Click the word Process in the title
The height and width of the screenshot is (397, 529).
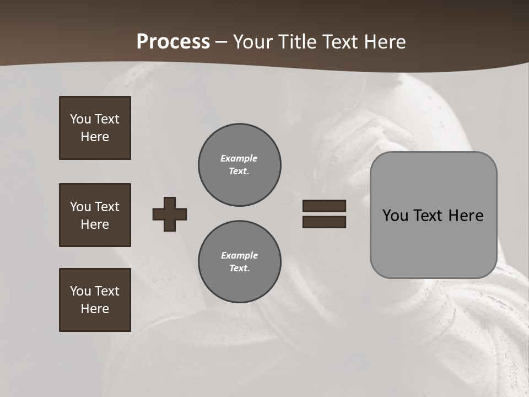coord(173,42)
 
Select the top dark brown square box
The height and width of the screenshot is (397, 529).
coord(95,128)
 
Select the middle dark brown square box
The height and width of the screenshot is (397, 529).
coord(95,215)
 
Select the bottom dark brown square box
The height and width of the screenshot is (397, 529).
coord(95,300)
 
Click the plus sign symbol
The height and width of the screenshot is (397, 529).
coord(170,214)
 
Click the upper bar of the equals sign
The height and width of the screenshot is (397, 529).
coord(324,206)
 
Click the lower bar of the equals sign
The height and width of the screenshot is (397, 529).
coord(324,222)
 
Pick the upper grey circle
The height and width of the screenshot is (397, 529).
coord(239,165)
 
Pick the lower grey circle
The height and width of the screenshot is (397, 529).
coord(239,262)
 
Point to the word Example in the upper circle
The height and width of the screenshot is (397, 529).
coord(239,158)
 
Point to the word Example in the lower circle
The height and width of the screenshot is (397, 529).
coord(239,255)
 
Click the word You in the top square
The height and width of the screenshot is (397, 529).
coord(80,119)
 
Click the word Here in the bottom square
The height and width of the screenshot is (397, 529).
coord(95,309)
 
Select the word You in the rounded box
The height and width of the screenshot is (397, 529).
coord(395,216)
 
